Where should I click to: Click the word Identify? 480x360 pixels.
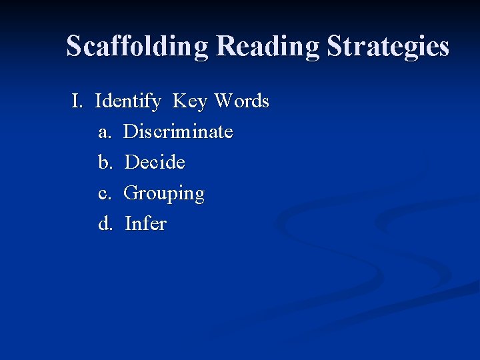128,102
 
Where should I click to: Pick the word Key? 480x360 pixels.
190,102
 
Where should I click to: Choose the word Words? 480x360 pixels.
241,102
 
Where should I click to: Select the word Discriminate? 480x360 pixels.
179,132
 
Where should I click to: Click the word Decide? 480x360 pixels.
155,162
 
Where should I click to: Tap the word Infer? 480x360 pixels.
145,223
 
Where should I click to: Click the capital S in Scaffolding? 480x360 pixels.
74,47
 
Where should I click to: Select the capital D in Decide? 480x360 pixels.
131,162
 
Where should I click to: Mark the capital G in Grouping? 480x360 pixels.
131,193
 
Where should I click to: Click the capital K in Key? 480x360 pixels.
179,102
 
